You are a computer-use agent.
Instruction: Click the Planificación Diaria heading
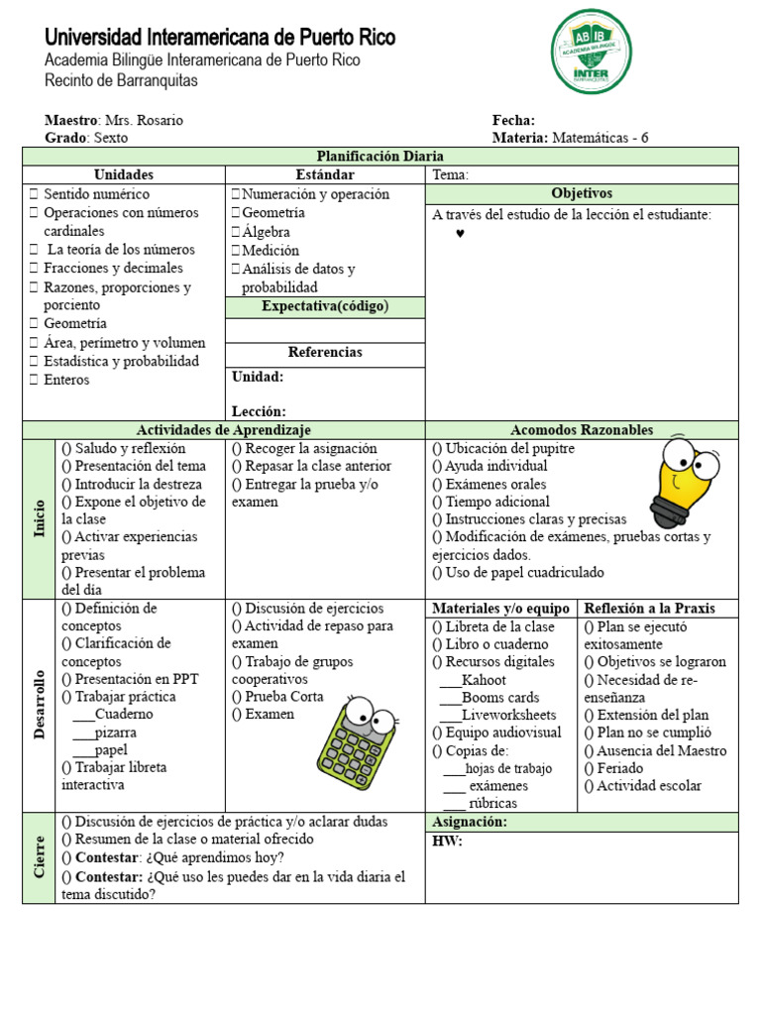pos(380,157)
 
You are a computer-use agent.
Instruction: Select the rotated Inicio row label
pos(40,518)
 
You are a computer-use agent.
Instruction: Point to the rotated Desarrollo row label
pos(40,704)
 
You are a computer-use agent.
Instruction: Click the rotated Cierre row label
pos(40,857)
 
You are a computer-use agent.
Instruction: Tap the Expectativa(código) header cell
pos(325,306)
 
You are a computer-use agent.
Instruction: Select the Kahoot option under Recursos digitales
pos(484,680)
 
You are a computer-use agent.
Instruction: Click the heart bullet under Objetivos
pos(460,233)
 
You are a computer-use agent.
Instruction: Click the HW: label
pos(447,843)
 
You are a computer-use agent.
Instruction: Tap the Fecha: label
pos(513,120)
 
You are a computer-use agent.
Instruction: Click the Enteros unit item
pos(65,380)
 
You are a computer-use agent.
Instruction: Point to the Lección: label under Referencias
pos(259,410)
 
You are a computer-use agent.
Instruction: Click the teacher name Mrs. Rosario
pos(144,120)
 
